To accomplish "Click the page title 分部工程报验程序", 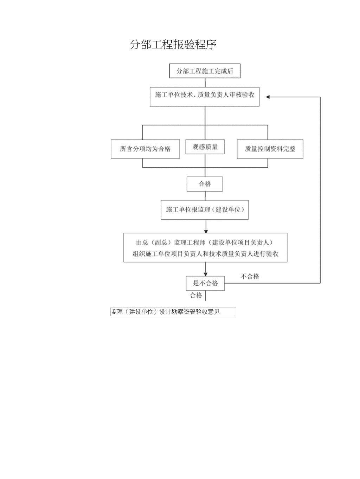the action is click(x=173, y=45).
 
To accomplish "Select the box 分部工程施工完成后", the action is click(x=205, y=71).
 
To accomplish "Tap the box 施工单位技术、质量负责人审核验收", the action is click(x=205, y=97).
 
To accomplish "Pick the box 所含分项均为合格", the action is click(x=145, y=149).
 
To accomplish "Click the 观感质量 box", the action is click(x=205, y=147).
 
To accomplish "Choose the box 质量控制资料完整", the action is click(x=270, y=149).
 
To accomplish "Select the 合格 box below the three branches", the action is click(x=205, y=184).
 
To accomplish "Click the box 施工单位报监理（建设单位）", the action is click(x=205, y=210).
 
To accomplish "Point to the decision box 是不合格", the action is click(x=205, y=283).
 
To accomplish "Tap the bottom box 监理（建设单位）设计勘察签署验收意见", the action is click(x=173, y=312).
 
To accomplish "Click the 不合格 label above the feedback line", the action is click(x=250, y=277).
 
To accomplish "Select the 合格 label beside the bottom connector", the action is click(x=196, y=296).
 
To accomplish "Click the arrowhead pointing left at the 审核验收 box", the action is click(x=268, y=97).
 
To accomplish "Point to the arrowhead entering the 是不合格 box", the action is click(x=205, y=274).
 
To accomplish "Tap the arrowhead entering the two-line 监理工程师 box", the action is click(x=206, y=231).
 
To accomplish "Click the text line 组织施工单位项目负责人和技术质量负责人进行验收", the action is click(x=205, y=254).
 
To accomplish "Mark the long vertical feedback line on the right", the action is click(x=320, y=190).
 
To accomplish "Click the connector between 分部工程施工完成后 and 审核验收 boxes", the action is click(x=205, y=83).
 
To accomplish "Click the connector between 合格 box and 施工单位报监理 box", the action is click(x=205, y=196).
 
